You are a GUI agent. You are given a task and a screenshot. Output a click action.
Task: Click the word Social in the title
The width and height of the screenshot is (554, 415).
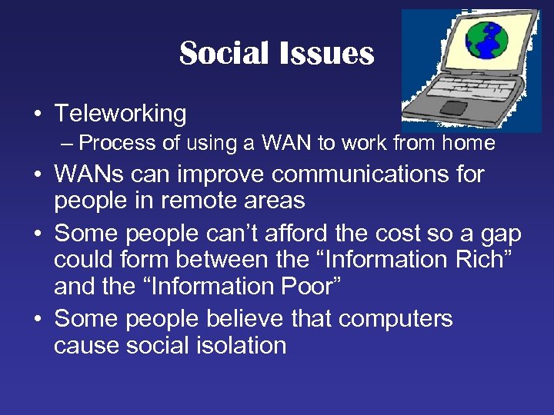point(224,54)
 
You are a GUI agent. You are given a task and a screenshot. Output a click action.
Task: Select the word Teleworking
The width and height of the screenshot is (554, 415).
point(120,114)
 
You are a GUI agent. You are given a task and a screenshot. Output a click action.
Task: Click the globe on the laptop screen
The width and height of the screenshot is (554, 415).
point(482,41)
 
